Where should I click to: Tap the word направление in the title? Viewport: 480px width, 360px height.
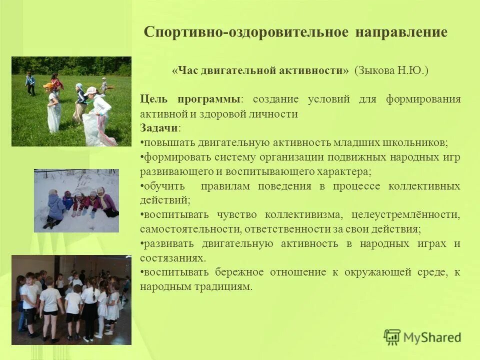pyautogui.click(x=401, y=32)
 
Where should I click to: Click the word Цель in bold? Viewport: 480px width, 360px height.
pyautogui.click(x=152, y=98)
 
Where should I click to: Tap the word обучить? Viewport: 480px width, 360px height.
pyautogui.click(x=163, y=186)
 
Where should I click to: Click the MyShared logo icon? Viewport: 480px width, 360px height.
pyautogui.click(x=392, y=337)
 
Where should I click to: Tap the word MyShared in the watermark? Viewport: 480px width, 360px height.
pyautogui.click(x=432, y=337)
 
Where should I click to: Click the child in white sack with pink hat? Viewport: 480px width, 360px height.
pyautogui.click(x=98, y=117)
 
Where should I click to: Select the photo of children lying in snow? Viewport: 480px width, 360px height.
pyautogui.click(x=76, y=200)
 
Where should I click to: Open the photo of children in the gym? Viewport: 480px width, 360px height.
pyautogui.click(x=71, y=300)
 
